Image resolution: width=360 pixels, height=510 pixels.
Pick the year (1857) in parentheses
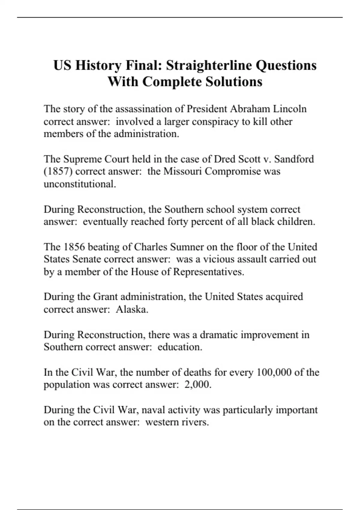pos(58,171)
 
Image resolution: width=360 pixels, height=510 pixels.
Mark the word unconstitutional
pos(80,184)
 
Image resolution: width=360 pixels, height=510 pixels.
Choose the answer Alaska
pos(132,309)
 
